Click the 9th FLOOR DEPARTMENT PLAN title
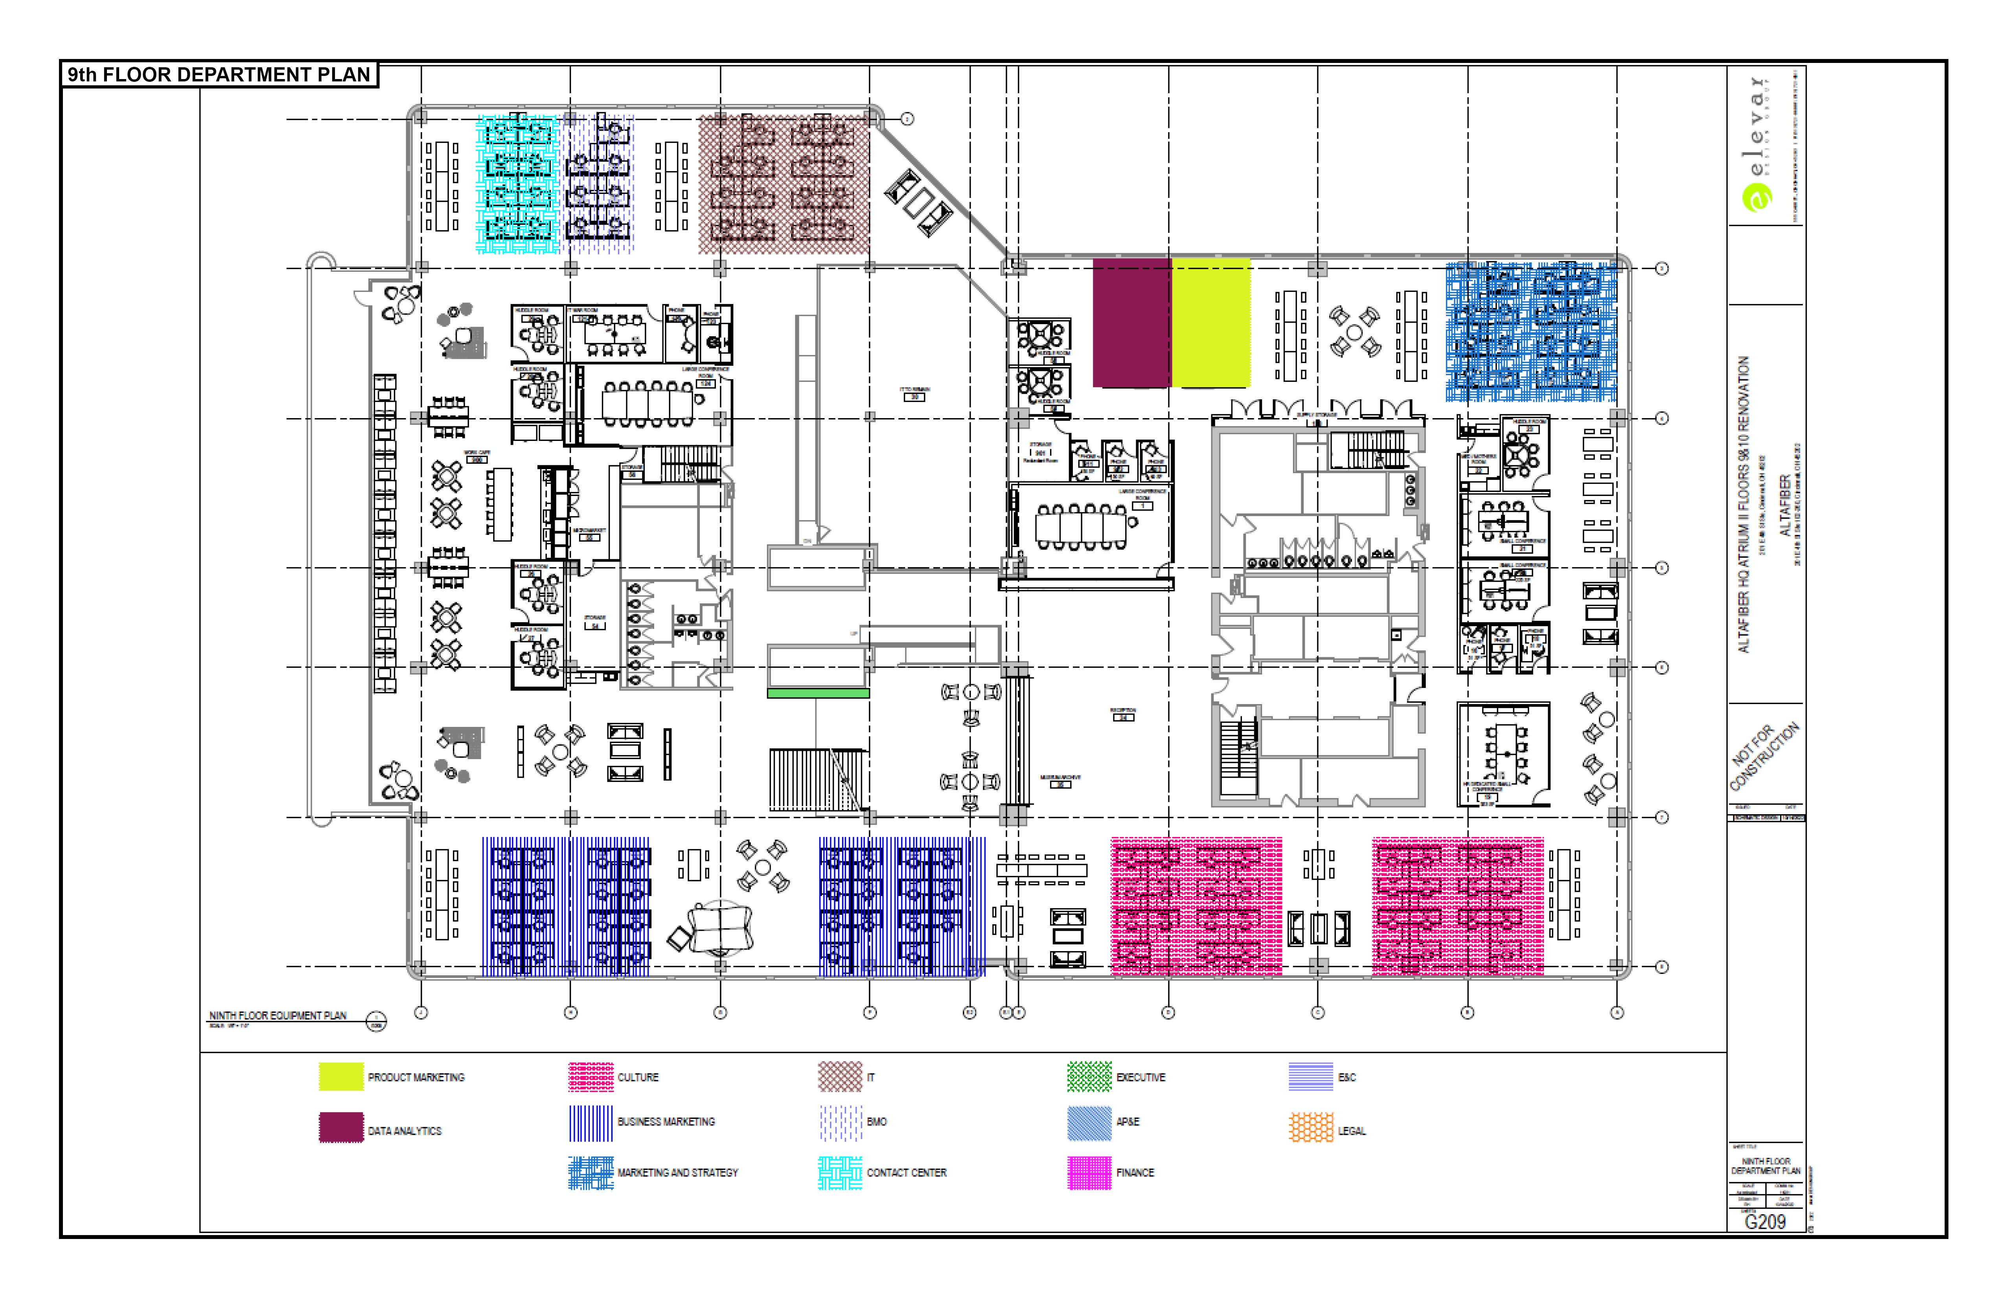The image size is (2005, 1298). [219, 75]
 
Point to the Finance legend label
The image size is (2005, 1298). [1135, 1173]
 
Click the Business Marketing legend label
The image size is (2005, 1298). [666, 1122]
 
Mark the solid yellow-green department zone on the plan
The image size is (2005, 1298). [1210, 323]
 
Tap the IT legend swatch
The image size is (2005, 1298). [840, 1076]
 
